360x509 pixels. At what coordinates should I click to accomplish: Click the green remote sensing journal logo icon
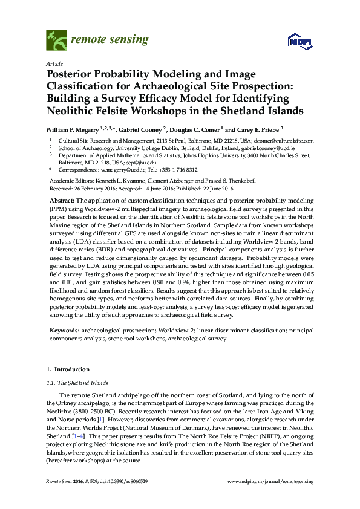[57, 41]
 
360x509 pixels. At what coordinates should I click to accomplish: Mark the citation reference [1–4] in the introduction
[79, 436]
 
